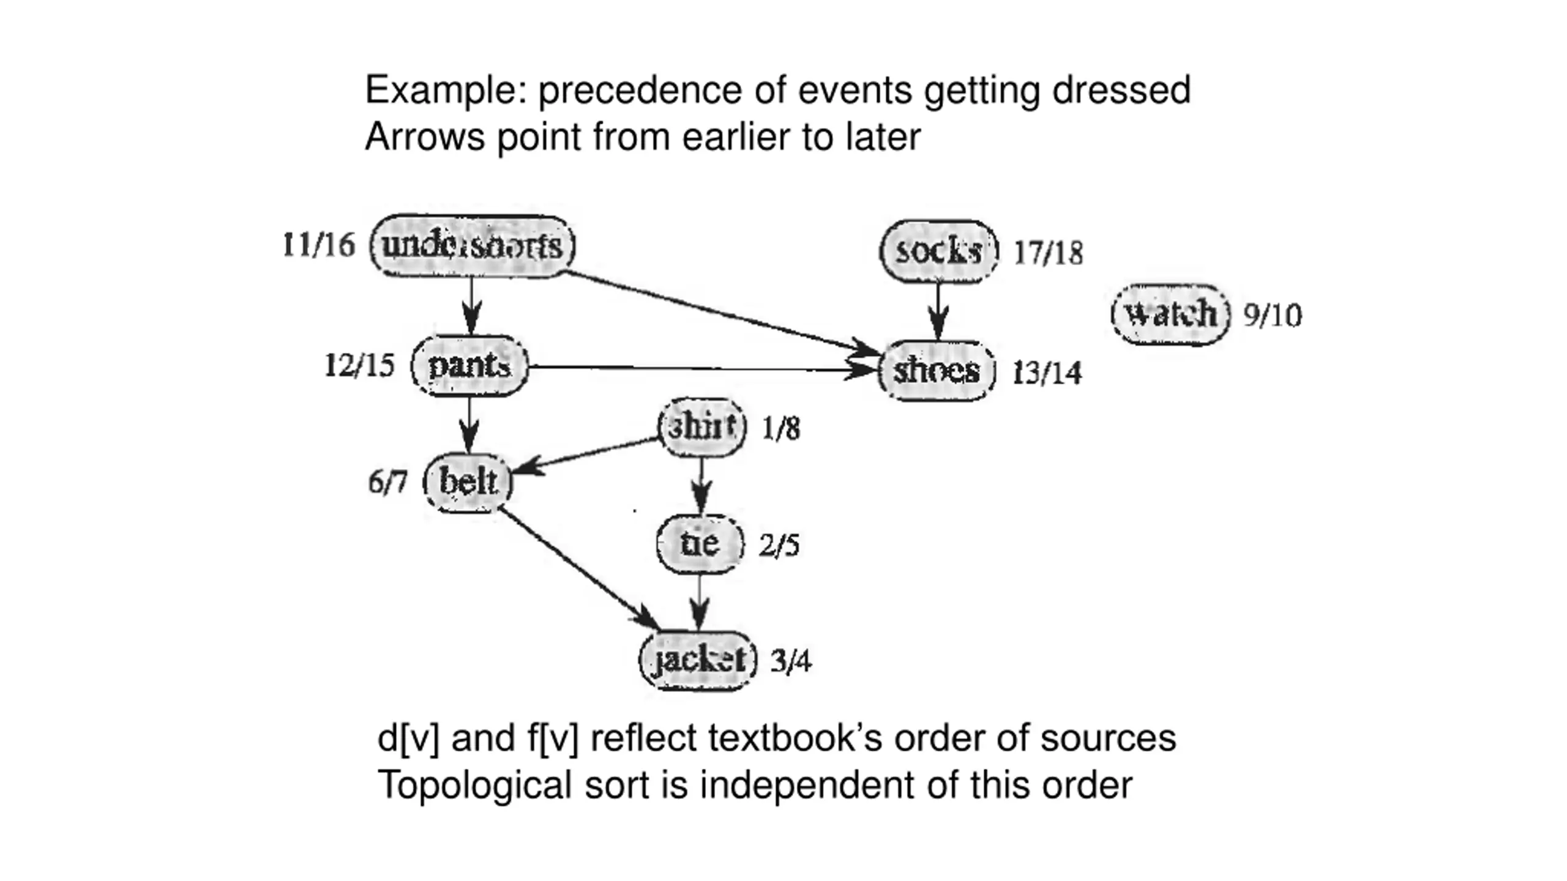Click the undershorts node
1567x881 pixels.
(x=472, y=246)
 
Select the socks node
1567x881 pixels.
(x=938, y=251)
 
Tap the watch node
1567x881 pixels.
(x=1170, y=314)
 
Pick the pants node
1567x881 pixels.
(x=469, y=366)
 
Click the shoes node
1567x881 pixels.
(x=937, y=371)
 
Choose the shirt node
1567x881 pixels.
(x=701, y=427)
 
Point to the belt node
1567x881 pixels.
(x=468, y=482)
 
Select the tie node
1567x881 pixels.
(x=700, y=544)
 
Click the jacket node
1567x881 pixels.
(x=698, y=660)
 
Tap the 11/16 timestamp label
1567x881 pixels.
(x=318, y=245)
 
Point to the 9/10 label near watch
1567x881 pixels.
(x=1273, y=316)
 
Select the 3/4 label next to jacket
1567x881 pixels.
(x=791, y=661)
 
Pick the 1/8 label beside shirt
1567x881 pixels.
(x=780, y=429)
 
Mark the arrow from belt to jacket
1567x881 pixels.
(x=578, y=567)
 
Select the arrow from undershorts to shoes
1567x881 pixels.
(x=716, y=312)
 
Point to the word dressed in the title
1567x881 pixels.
(x=1121, y=91)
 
